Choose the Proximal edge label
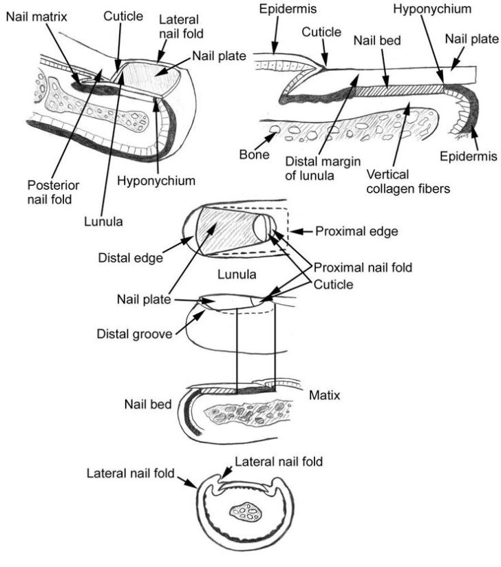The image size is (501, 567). pos(356,232)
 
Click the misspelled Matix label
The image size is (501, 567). pos(324,396)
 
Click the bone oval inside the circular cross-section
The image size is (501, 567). pos(247,512)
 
